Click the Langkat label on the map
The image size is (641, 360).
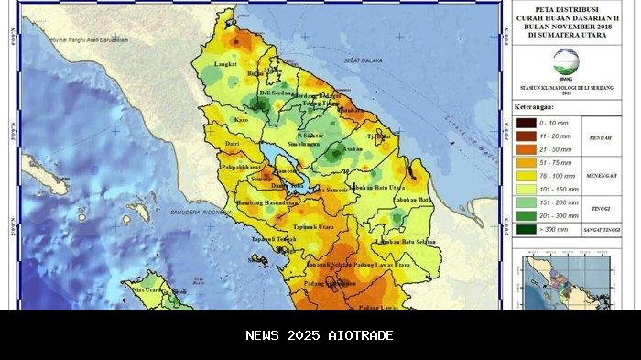click(225, 65)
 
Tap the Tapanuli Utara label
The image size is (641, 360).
click(312, 225)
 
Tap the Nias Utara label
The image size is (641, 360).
click(148, 289)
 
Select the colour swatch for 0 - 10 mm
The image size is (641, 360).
click(526, 122)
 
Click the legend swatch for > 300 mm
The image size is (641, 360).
click(526, 227)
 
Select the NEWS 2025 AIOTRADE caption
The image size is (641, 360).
click(320, 335)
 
